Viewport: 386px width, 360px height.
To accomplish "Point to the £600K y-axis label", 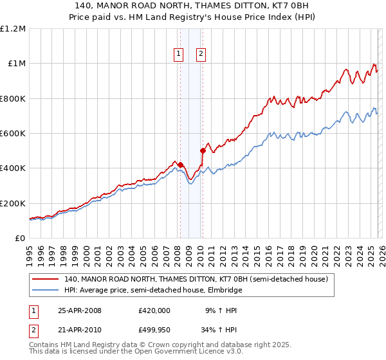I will (x=13, y=134).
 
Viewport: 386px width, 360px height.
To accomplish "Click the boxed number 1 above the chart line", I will (x=178, y=55).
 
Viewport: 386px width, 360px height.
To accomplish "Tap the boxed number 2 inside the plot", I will (x=201, y=55).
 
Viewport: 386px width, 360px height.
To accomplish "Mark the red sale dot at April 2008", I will (x=181, y=165).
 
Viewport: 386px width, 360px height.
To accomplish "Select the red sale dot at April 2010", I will (x=203, y=151).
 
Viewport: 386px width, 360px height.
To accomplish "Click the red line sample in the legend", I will (x=46, y=280).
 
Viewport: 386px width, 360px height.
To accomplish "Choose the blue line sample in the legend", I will (x=46, y=291).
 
